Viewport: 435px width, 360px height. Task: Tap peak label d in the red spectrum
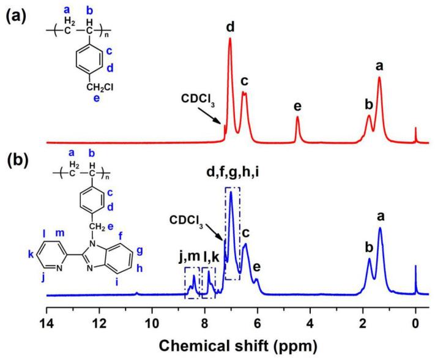pos(230,27)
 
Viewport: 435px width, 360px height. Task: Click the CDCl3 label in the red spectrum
pos(198,97)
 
